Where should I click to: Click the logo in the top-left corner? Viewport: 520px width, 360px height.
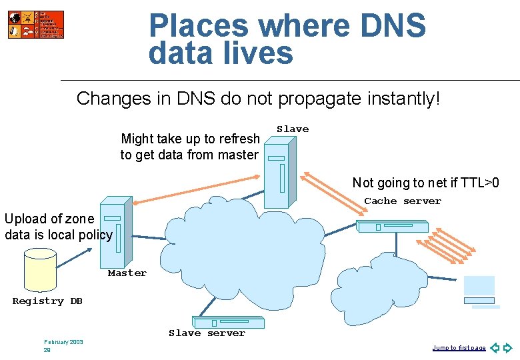[x=36, y=25]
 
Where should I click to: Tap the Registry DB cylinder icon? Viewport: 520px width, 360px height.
[x=39, y=271]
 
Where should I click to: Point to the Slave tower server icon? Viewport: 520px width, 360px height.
[x=279, y=172]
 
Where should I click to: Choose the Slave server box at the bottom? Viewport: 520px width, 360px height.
[x=228, y=323]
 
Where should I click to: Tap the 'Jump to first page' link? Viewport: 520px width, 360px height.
[x=459, y=348]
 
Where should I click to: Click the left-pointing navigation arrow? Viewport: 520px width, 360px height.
[x=495, y=347]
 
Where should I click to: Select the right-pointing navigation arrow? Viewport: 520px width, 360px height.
[x=508, y=347]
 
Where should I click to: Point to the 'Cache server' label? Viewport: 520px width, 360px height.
[x=403, y=201]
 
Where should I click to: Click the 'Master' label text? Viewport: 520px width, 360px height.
[x=127, y=273]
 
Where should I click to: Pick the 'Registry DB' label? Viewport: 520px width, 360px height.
[x=47, y=301]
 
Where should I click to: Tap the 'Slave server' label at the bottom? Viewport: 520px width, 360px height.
[x=207, y=333]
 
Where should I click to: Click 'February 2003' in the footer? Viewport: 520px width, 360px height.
[x=64, y=342]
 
